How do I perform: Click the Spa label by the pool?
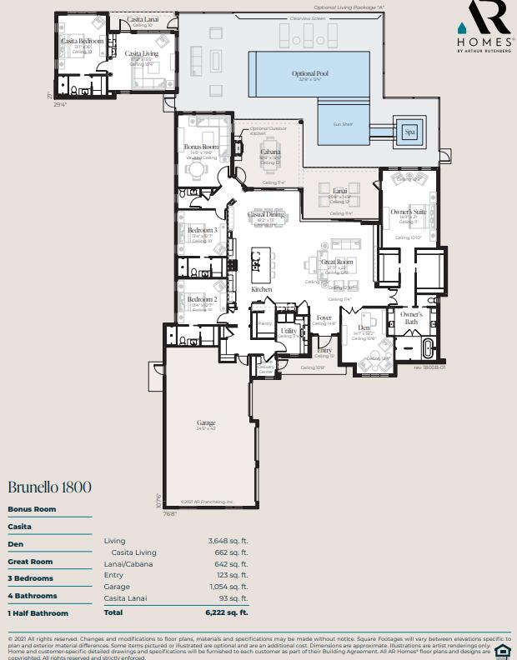[409, 132]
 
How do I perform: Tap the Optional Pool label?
[310, 74]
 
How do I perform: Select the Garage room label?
[206, 423]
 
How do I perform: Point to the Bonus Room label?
[201, 147]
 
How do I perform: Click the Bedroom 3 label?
[202, 230]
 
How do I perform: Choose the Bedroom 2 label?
[202, 299]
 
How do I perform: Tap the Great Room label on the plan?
[337, 262]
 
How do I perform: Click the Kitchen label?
[262, 289]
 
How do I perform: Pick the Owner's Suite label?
[409, 212]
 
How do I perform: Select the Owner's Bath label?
[411, 317]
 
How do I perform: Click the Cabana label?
[270, 152]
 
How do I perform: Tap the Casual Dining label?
[267, 215]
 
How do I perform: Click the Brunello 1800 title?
[49, 487]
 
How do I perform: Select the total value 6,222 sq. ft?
[227, 612]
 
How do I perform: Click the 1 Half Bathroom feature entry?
[38, 613]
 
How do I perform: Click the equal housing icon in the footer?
[503, 651]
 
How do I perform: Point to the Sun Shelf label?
[343, 123]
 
